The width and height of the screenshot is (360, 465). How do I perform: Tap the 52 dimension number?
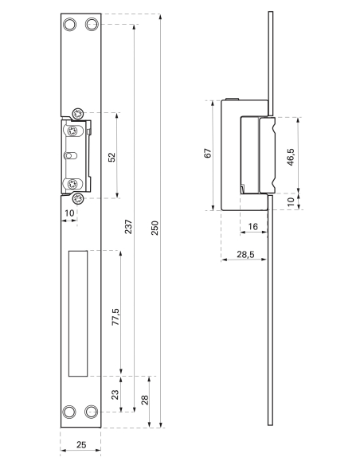tap(112, 156)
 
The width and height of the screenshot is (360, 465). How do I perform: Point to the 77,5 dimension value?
tap(115, 316)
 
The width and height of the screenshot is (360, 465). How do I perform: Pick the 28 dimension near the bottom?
tap(144, 400)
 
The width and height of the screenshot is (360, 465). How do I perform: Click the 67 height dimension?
tap(208, 154)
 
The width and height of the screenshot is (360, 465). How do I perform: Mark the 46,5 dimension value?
tap(292, 155)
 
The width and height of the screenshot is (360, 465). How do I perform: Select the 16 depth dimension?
tap(252, 227)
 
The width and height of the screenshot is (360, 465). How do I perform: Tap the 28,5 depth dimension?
tap(245, 255)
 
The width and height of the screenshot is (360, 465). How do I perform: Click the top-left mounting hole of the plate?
tap(71, 25)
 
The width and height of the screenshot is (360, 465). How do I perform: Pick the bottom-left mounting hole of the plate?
tap(71, 412)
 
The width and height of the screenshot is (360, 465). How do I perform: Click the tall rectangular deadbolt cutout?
tap(79, 313)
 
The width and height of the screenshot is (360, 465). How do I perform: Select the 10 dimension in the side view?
tap(291, 202)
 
